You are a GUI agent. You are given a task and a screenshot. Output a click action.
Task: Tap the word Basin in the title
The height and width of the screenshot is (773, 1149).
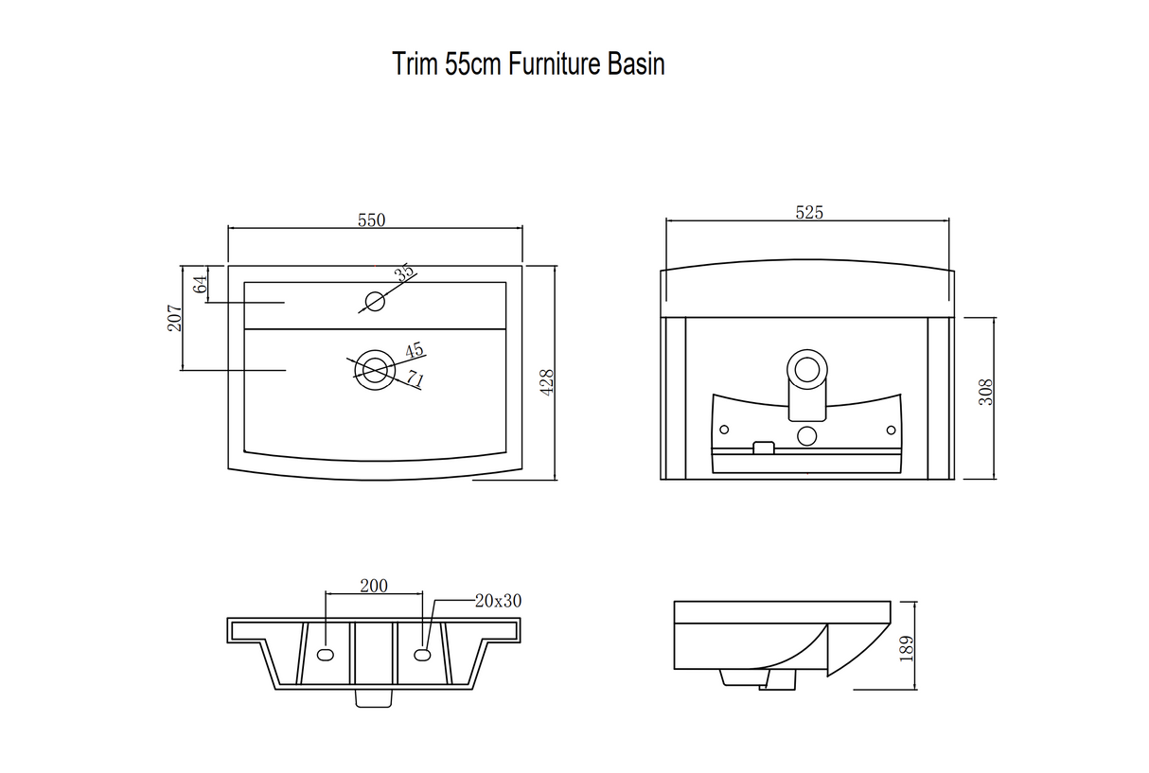point(636,64)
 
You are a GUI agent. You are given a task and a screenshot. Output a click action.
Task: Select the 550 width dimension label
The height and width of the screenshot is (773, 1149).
point(371,220)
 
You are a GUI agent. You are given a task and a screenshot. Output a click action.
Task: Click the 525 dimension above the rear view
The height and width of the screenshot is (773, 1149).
point(809,212)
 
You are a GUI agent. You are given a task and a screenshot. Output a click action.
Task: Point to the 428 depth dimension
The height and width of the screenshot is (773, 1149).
point(547,382)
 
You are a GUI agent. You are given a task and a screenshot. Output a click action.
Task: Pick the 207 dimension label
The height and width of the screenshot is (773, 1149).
point(175,318)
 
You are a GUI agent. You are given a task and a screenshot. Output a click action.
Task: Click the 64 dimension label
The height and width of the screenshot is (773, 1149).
point(200,284)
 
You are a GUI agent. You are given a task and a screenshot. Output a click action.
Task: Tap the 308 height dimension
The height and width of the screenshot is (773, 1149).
point(986,393)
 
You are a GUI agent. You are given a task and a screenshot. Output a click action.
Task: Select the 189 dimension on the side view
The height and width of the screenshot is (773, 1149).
point(907,649)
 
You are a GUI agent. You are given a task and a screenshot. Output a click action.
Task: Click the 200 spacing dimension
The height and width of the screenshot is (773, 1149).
point(374,586)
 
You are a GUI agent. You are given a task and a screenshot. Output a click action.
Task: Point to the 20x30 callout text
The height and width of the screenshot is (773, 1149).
point(498,601)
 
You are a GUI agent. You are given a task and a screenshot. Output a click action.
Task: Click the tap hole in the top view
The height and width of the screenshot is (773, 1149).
point(375,301)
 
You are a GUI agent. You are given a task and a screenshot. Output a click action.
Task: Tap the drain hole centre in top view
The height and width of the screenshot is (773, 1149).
point(375,370)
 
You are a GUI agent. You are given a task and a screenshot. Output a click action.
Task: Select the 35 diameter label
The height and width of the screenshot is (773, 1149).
point(404,272)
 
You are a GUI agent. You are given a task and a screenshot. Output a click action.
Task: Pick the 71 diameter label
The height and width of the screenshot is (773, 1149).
point(415,379)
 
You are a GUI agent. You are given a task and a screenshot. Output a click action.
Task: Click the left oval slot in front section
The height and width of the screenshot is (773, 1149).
point(326,655)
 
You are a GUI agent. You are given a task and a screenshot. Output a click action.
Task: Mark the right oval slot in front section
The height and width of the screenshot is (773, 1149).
point(422,655)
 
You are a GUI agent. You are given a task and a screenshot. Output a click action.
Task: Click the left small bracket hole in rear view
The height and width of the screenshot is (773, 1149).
point(724,430)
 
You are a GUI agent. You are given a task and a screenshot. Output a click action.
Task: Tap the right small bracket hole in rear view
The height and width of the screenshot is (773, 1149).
point(891,430)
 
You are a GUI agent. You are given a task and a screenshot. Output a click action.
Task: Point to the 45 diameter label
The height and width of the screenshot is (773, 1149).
point(415,350)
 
